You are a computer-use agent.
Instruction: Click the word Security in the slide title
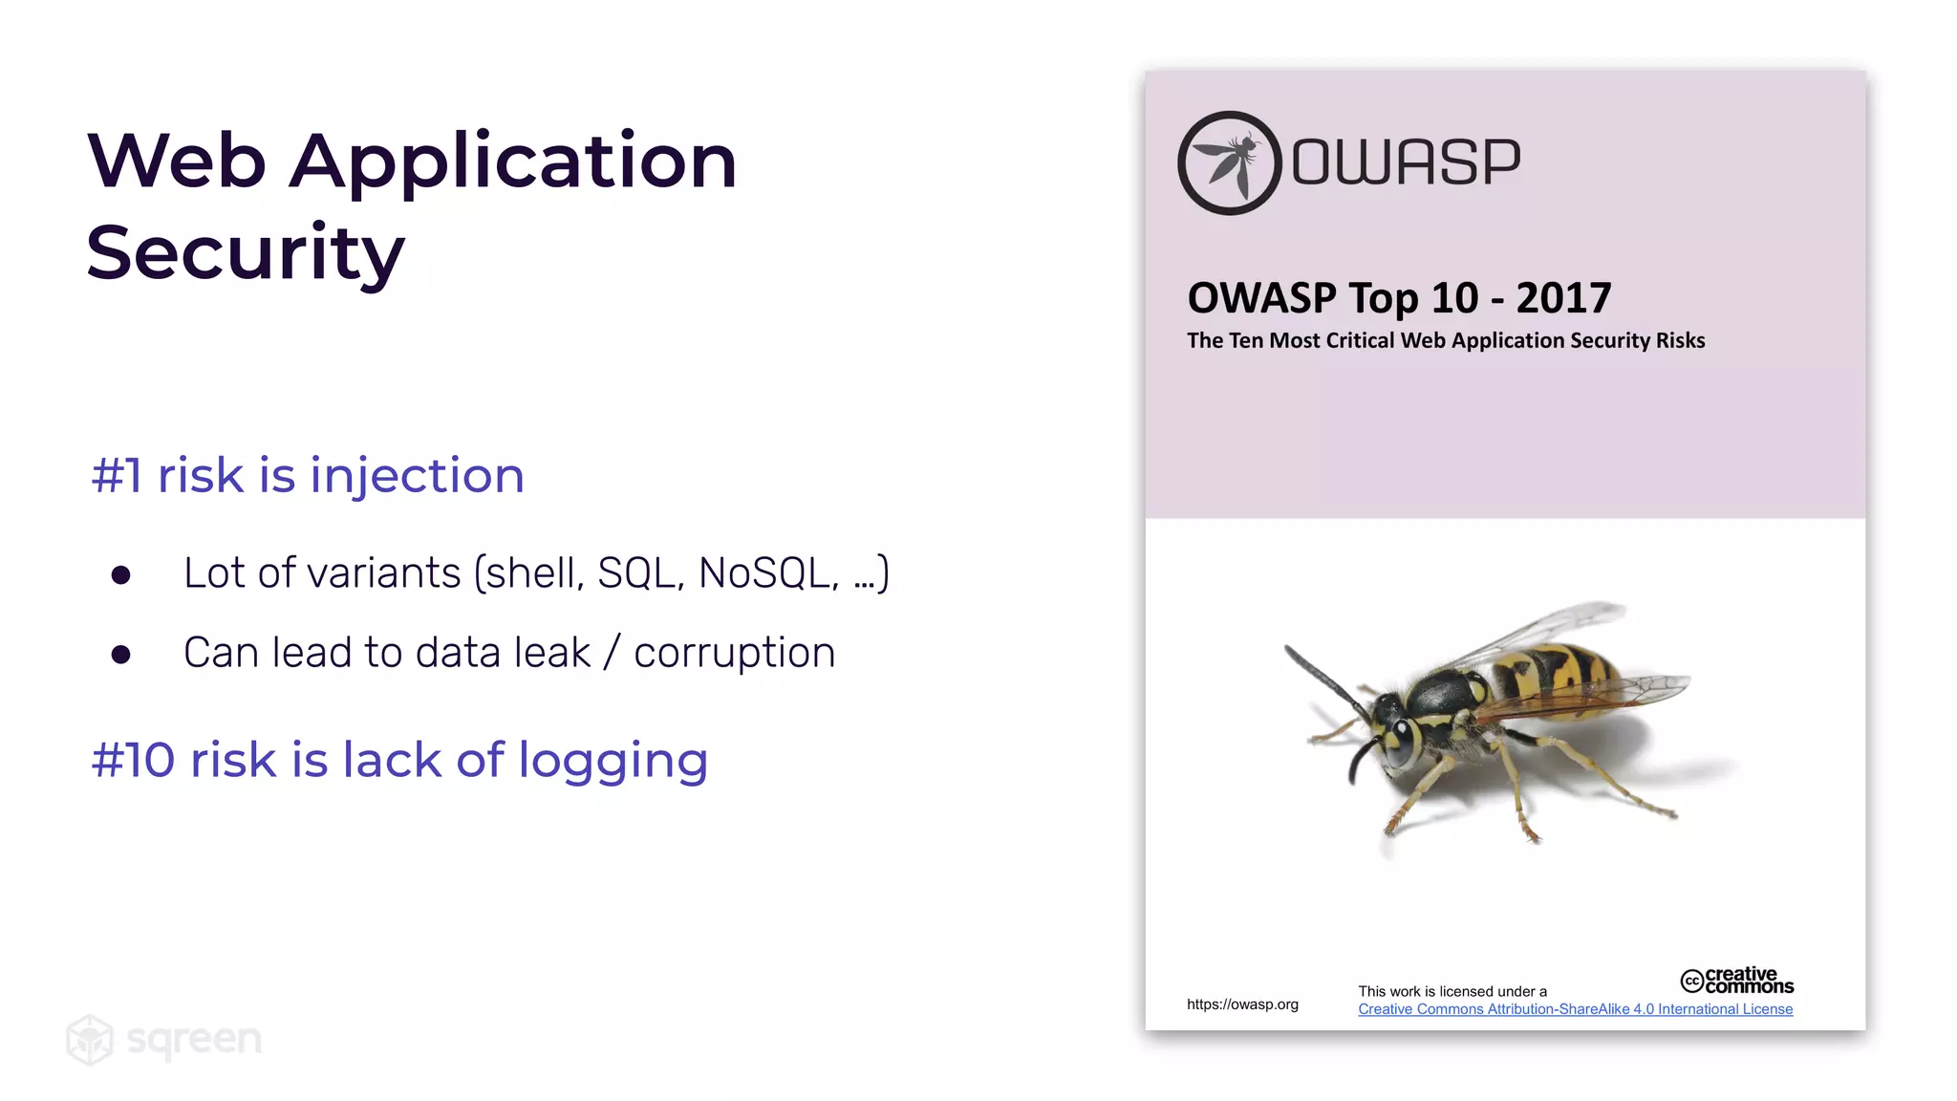coord(246,252)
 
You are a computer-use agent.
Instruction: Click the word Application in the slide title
coord(513,161)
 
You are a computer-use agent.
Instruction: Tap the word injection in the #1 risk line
coord(417,475)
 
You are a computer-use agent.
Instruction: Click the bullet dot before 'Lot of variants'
coord(120,574)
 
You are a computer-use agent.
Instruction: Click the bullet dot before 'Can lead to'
coord(120,655)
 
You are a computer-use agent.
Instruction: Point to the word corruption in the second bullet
coord(734,653)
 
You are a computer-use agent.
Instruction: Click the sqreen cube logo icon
coord(90,1039)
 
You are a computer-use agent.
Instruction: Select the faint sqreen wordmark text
coord(194,1039)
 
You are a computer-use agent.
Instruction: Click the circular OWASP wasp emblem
coord(1229,162)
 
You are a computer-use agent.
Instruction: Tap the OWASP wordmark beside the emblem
coord(1406,162)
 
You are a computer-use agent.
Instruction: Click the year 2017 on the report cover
coord(1563,298)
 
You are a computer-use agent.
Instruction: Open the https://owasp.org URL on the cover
coord(1242,1004)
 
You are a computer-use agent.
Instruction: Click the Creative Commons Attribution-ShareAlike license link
coord(1575,1009)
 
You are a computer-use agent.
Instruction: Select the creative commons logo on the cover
coord(1736,981)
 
